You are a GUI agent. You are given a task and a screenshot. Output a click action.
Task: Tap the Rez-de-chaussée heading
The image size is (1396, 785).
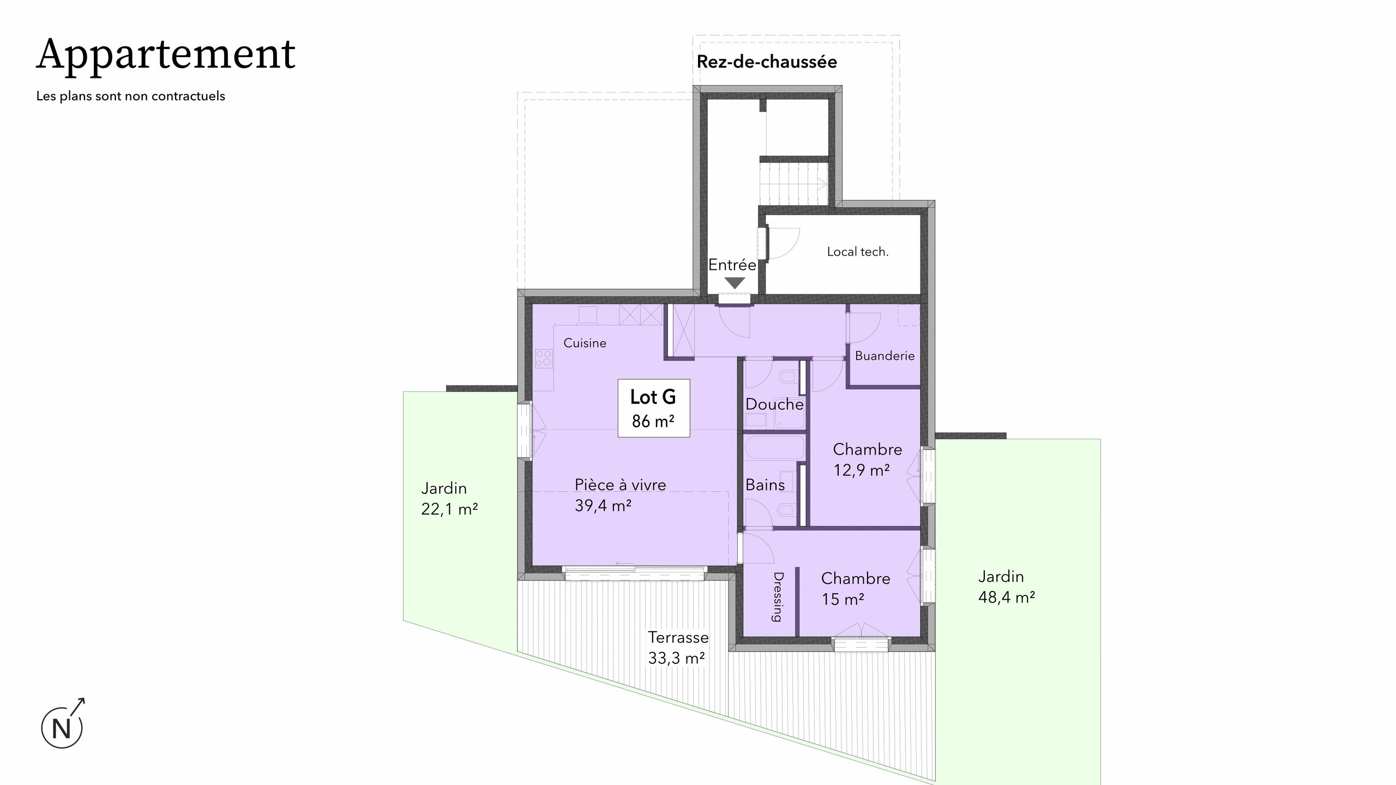767,62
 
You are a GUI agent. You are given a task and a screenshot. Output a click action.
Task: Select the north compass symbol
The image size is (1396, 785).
63,724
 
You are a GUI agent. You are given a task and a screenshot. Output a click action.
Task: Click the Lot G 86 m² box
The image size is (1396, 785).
653,408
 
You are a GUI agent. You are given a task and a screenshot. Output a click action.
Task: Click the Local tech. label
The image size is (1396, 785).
858,252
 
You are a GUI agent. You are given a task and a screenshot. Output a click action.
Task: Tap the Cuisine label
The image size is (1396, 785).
585,343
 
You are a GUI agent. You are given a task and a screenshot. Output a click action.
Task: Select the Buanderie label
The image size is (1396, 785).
884,356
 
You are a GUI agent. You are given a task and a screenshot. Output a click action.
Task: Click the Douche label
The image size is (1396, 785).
774,404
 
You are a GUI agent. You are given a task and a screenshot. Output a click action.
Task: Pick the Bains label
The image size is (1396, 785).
765,485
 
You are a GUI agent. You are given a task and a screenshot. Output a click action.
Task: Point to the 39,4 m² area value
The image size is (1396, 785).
603,506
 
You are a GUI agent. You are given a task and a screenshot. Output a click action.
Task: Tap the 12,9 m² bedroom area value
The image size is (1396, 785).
862,470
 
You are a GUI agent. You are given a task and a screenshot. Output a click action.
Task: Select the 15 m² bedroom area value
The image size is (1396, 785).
843,599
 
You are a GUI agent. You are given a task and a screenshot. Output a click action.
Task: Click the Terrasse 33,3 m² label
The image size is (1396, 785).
678,648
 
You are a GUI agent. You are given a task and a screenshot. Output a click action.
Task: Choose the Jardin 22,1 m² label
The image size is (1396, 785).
449,498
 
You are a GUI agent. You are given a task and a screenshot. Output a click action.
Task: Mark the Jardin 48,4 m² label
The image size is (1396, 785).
1007,587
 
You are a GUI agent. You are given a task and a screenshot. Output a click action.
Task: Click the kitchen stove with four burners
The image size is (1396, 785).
162,358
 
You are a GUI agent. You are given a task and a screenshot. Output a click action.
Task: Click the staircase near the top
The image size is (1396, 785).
794,183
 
